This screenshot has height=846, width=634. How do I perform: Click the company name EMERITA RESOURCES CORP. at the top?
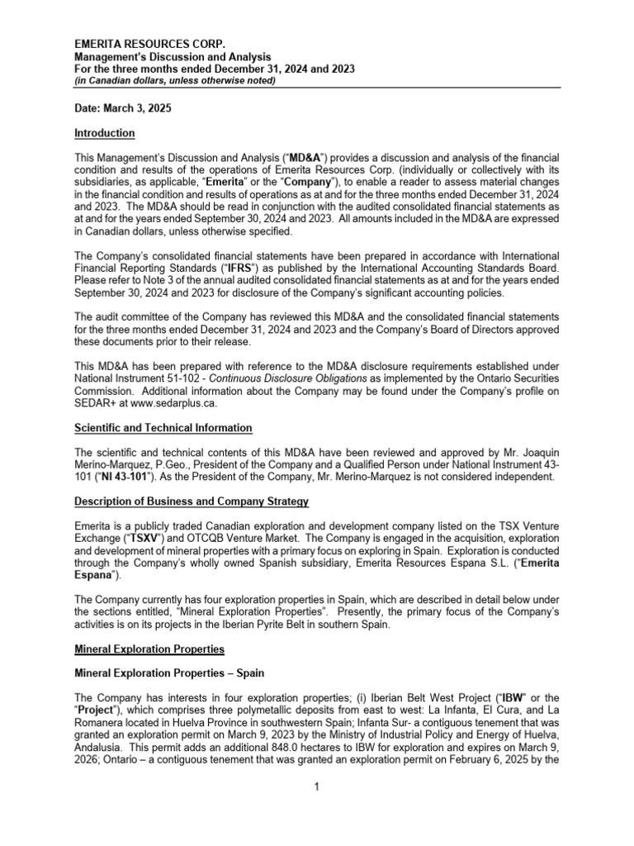149,43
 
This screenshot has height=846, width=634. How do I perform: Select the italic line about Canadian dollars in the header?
175,81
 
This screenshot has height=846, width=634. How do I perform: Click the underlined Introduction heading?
105,133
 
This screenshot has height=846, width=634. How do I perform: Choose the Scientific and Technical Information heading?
163,428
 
